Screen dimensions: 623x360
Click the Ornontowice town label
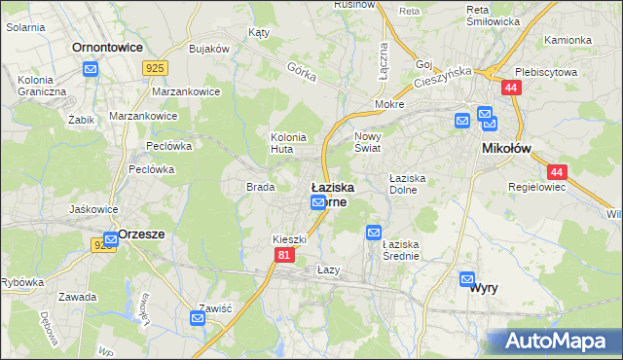pos(108,46)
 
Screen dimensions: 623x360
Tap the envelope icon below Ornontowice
pos(91,69)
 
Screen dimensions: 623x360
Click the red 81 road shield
pos(283,255)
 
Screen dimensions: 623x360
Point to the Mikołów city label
pos(506,148)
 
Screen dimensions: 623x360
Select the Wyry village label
pos(485,288)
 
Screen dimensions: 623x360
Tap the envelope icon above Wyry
pos(467,278)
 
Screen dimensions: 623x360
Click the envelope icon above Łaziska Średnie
pos(374,233)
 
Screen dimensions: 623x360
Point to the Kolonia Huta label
pos(288,143)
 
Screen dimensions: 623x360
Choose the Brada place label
pos(259,186)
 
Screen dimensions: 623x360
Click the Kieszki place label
pos(289,238)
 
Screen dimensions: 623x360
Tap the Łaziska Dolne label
pos(409,184)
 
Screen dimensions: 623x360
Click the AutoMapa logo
pos(556,342)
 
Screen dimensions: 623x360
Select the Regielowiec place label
pos(536,186)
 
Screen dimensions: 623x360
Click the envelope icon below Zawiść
pos(199,317)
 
